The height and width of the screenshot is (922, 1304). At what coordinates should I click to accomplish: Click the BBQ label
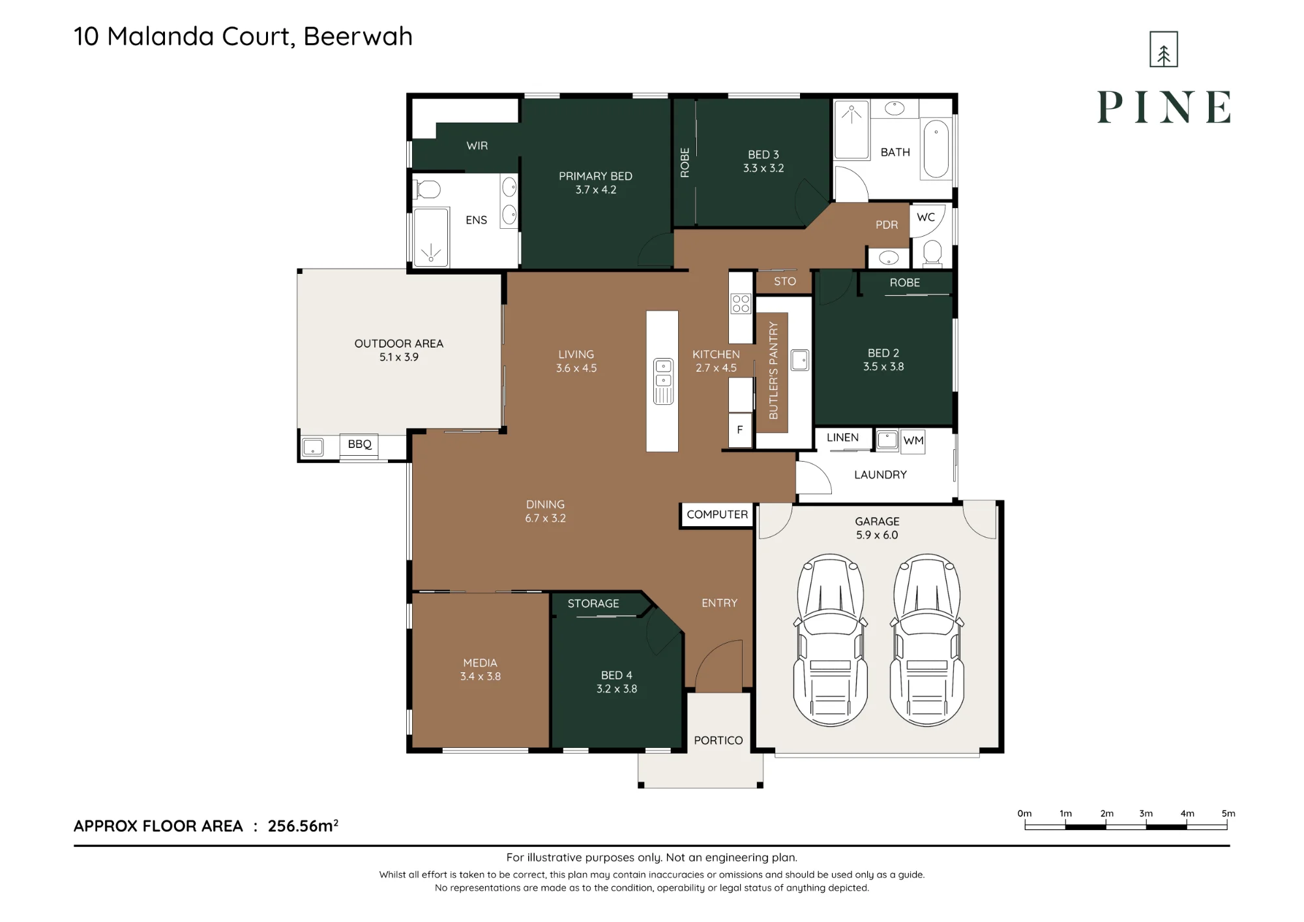(359, 444)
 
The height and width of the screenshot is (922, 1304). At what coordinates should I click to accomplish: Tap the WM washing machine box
(913, 441)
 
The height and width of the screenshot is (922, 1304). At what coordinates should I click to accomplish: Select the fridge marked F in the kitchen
(740, 430)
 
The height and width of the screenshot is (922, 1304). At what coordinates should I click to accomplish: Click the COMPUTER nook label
(717, 514)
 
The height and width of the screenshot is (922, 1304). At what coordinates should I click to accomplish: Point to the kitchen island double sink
(663, 381)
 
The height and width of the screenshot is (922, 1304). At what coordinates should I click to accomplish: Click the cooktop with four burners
(741, 303)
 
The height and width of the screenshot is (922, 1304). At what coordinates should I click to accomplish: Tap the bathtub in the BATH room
(936, 149)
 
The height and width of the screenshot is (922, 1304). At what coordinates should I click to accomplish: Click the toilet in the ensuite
(428, 190)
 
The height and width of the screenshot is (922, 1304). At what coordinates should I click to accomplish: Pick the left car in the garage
(830, 640)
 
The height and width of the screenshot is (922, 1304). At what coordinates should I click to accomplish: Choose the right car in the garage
(926, 640)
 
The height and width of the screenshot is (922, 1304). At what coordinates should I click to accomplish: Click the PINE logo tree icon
(1164, 50)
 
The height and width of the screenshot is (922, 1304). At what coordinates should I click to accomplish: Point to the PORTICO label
(719, 740)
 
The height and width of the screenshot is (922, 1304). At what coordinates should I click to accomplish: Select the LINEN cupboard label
(842, 438)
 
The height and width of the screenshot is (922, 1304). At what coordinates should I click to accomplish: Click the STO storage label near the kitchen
(785, 281)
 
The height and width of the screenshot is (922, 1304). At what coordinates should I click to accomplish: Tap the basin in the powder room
(889, 258)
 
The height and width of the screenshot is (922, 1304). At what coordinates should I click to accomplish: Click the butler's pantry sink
(800, 360)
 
